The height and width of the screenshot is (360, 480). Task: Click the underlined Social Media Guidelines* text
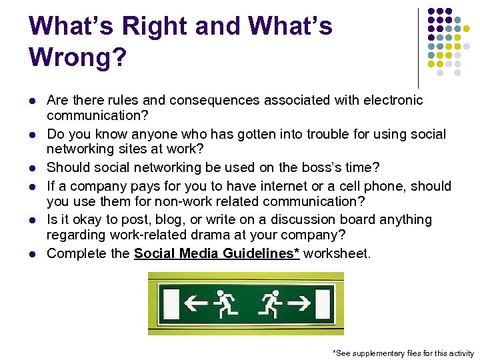[x=217, y=253]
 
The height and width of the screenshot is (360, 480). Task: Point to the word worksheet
[x=337, y=253]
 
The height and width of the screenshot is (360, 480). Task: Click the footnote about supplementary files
[x=403, y=353]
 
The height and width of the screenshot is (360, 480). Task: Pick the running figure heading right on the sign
[x=269, y=303]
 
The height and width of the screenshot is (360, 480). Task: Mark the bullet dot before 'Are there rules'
[x=31, y=101]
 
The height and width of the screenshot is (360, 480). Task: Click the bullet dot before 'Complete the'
[x=31, y=254]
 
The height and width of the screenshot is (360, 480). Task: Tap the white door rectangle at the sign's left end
[x=171, y=303]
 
